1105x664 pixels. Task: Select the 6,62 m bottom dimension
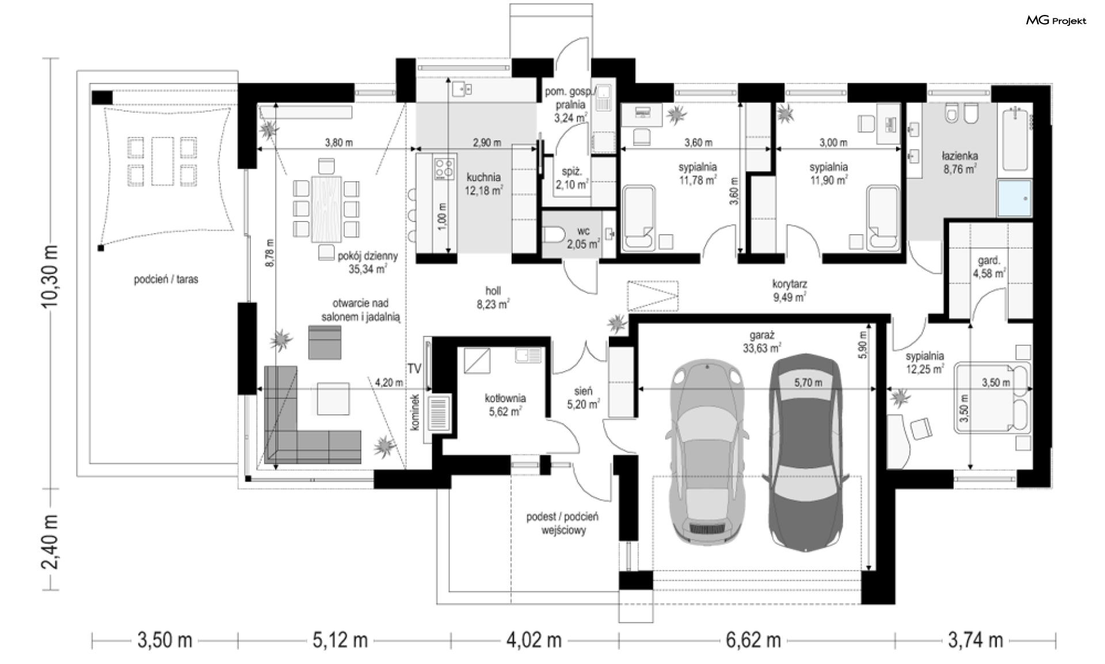tap(753, 640)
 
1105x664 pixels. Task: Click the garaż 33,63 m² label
tap(762, 341)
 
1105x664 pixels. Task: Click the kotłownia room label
tap(505, 404)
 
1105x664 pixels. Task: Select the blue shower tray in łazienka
tap(1015, 198)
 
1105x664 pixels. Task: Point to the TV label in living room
tap(414, 369)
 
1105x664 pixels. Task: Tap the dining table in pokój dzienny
tap(326, 209)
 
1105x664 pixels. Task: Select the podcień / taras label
tap(166, 280)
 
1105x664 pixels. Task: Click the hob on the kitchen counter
tap(444, 167)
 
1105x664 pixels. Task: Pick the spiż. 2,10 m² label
tap(573, 178)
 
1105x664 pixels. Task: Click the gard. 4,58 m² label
tap(989, 268)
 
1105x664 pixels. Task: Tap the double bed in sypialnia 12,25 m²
tap(991, 396)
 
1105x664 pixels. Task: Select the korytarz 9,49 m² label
tap(789, 291)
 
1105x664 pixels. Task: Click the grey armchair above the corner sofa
tap(325, 342)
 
